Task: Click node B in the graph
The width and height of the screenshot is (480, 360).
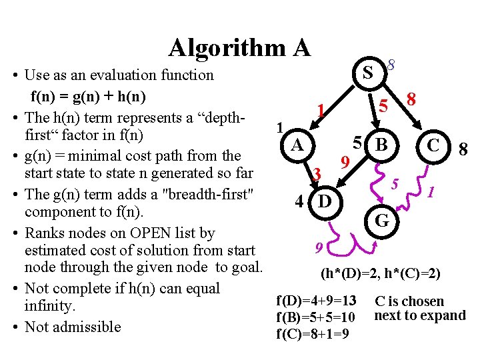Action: tap(381, 144)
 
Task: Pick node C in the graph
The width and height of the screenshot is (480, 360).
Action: tap(433, 145)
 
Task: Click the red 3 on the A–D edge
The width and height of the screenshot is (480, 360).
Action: tap(318, 174)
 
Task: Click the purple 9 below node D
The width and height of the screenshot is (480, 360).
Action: tap(319, 249)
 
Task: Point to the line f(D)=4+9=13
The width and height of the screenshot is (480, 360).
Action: tap(316, 301)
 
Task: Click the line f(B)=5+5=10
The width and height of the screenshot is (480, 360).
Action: tap(316, 317)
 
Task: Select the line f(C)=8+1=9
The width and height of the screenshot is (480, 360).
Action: tap(311, 333)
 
